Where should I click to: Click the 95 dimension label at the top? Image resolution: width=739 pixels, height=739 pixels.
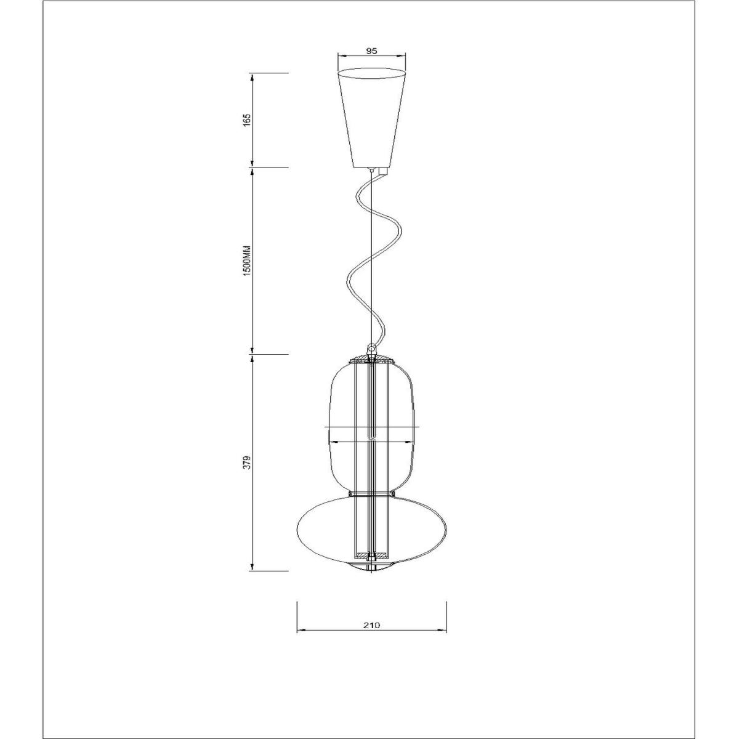click(x=371, y=52)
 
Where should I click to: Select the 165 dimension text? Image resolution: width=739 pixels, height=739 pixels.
click(x=246, y=119)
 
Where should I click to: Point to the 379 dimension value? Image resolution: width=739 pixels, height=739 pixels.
click(x=246, y=462)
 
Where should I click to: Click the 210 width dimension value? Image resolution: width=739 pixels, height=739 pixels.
click(x=371, y=624)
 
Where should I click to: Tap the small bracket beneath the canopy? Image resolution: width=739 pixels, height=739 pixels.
click(x=383, y=171)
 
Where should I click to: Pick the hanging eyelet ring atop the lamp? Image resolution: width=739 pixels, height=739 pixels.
click(x=371, y=349)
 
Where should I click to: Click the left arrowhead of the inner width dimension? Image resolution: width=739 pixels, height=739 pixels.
click(x=333, y=441)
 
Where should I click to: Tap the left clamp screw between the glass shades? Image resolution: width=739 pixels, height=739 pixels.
click(x=350, y=494)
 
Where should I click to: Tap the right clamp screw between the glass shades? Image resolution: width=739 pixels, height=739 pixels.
click(x=392, y=494)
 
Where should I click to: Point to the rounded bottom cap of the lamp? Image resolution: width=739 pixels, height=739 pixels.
click(x=371, y=567)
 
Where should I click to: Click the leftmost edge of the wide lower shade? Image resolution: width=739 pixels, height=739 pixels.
click(x=298, y=527)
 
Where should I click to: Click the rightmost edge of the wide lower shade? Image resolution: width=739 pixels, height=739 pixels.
click(x=446, y=527)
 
